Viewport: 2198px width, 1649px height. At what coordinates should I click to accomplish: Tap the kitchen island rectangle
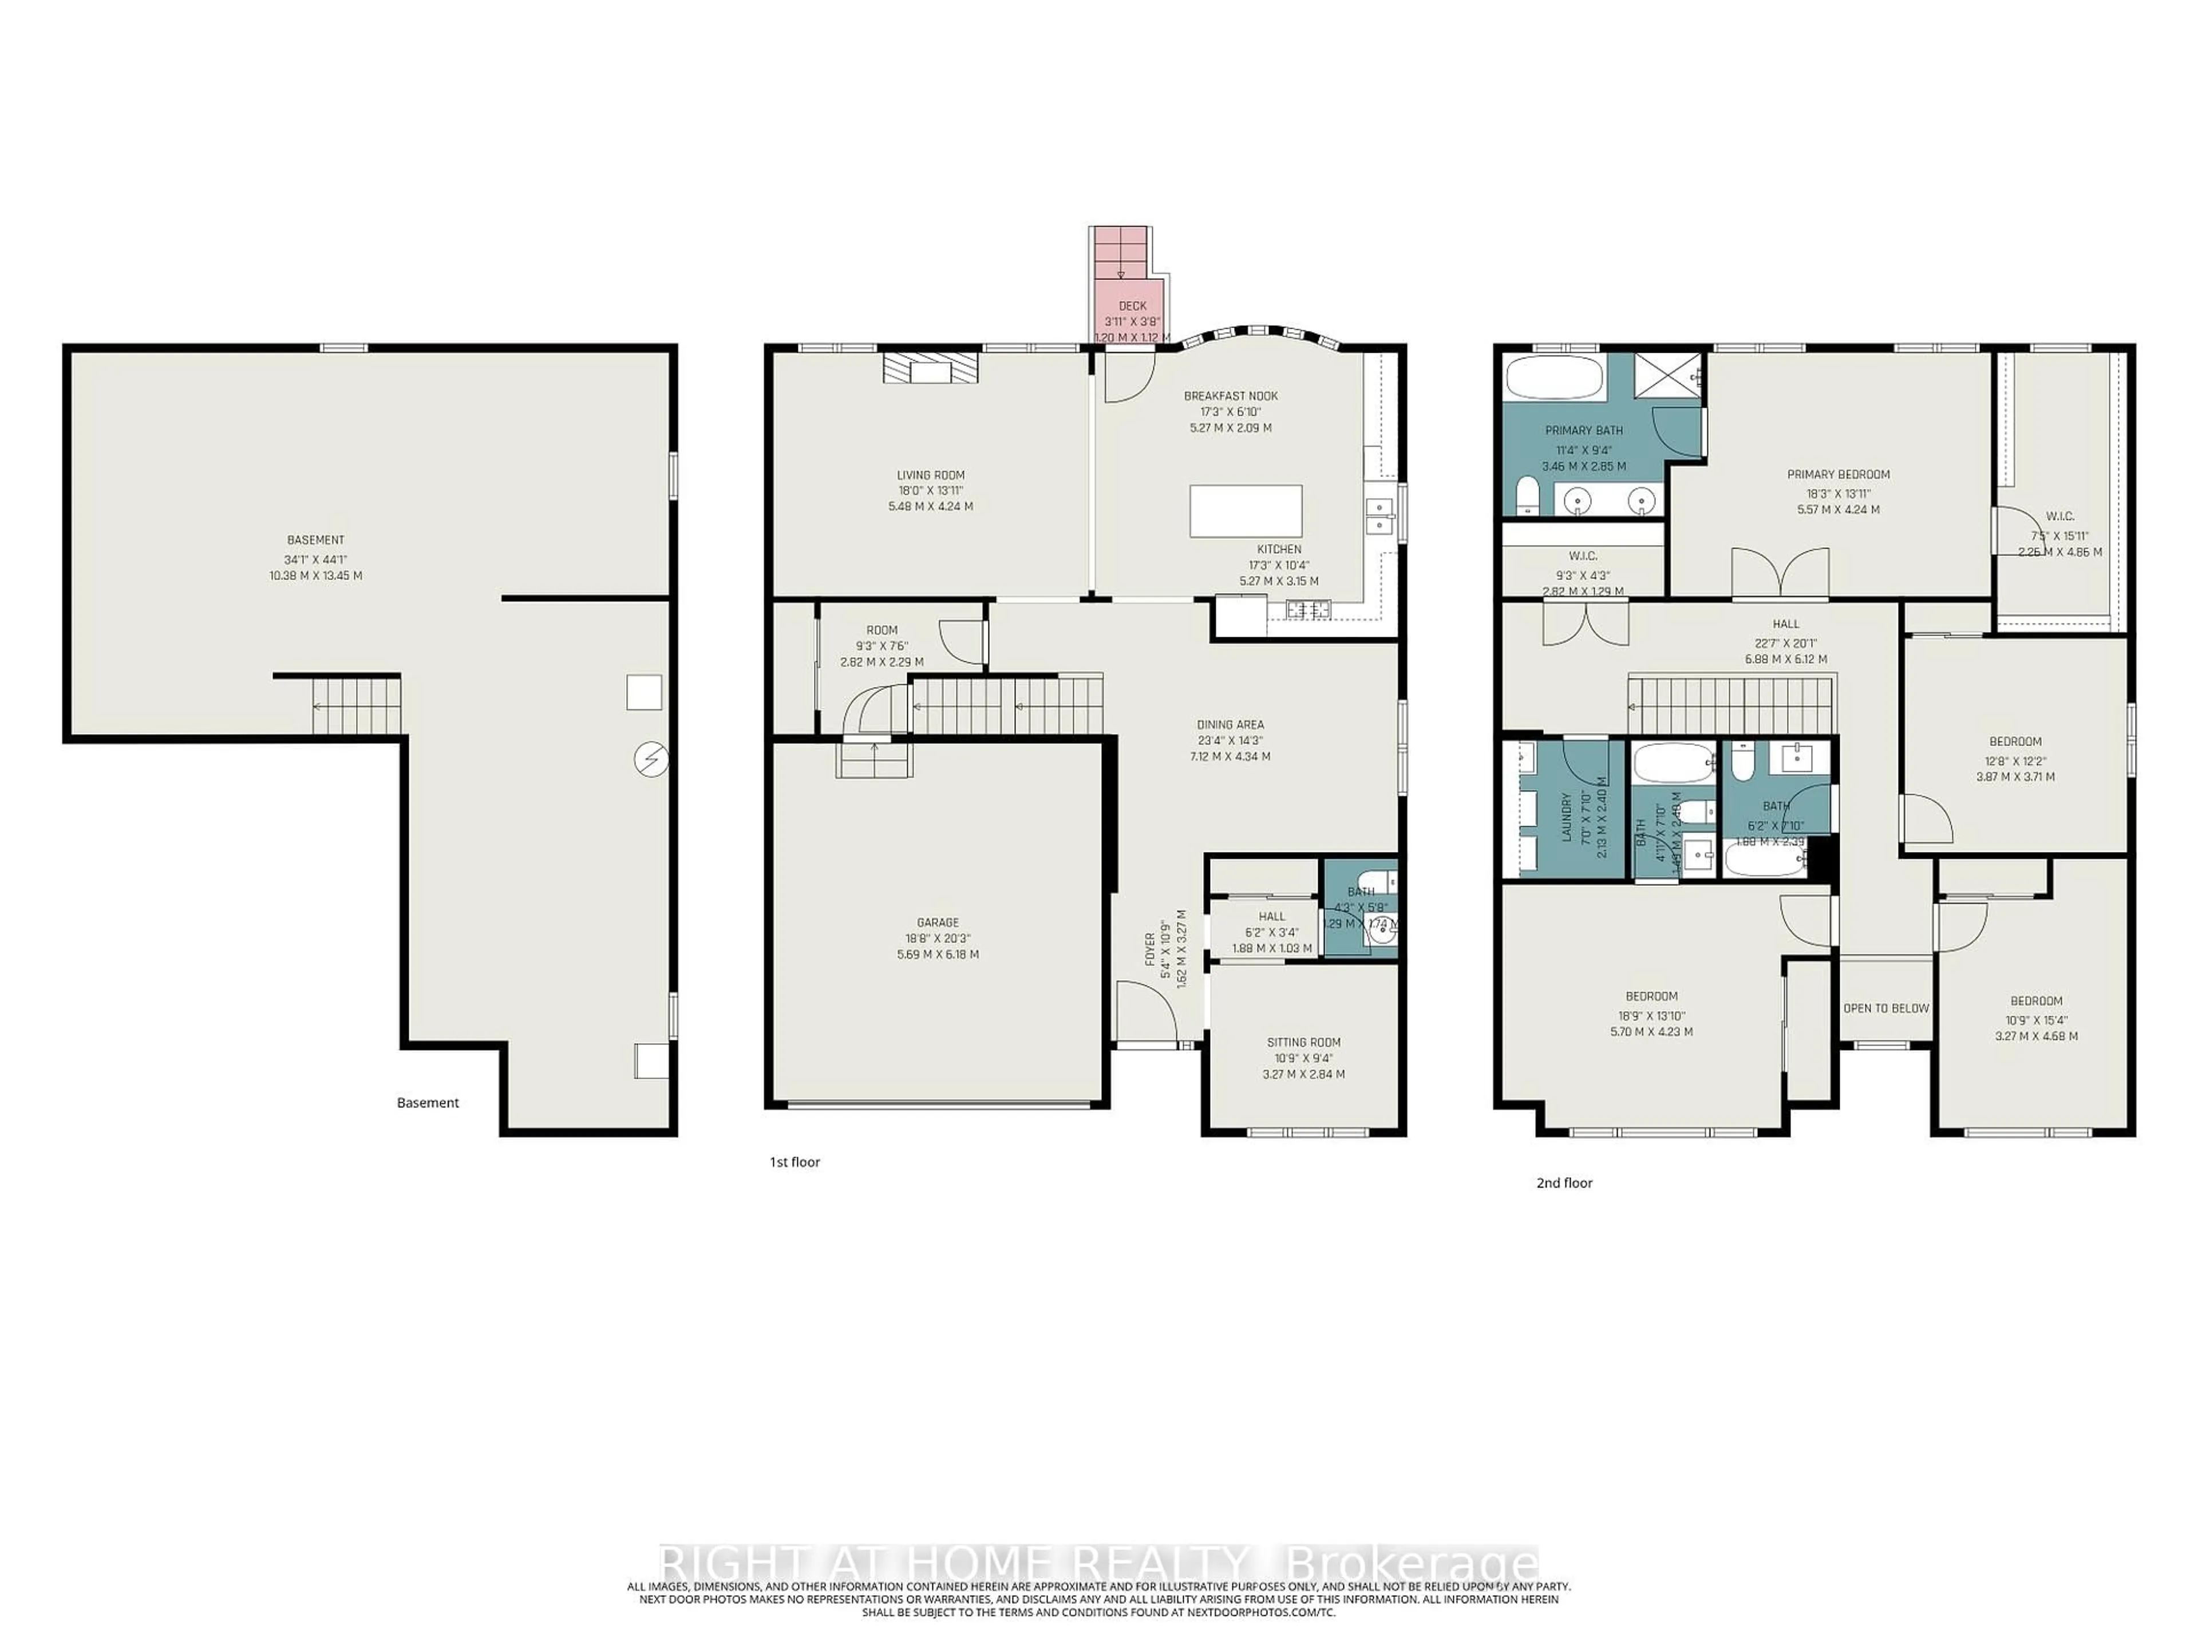tap(1246, 511)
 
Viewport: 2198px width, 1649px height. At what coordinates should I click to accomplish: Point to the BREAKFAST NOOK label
tap(1230, 396)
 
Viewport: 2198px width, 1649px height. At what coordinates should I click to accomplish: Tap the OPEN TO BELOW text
tap(1885, 1008)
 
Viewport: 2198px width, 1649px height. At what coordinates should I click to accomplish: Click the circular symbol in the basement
tap(651, 760)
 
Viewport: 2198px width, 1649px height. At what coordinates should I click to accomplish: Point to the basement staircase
tap(355, 706)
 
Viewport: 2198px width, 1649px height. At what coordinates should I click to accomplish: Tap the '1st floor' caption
tap(794, 1162)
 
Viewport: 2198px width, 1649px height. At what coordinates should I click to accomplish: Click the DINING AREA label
tap(1230, 725)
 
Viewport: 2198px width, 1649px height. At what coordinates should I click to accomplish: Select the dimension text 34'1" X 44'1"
tap(315, 559)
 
